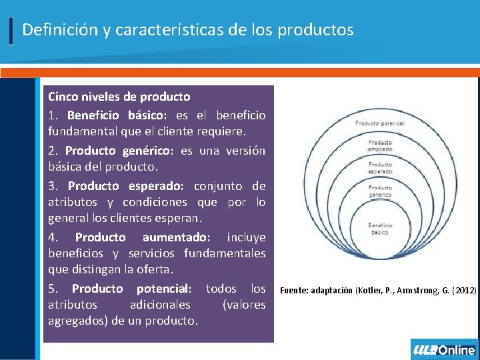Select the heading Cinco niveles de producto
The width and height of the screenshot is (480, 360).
pos(119,97)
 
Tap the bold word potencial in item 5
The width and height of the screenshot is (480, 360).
pos(164,289)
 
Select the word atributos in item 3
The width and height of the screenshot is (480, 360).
pos(71,202)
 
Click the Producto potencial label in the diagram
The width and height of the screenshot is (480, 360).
pos(379,123)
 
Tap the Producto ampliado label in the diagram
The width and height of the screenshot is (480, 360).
pos(379,145)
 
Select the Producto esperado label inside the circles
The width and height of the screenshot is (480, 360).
pos(380,167)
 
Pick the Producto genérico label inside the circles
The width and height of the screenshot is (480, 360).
pos(380,191)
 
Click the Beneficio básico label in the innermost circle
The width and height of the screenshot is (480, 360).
pos(380,228)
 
